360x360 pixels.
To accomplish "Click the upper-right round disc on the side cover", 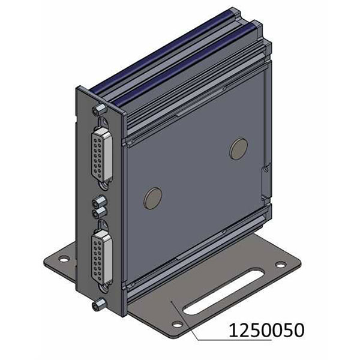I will point(238,148).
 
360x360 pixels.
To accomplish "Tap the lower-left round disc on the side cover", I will point(152,197).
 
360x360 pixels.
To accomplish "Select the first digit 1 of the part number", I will point(231,329).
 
